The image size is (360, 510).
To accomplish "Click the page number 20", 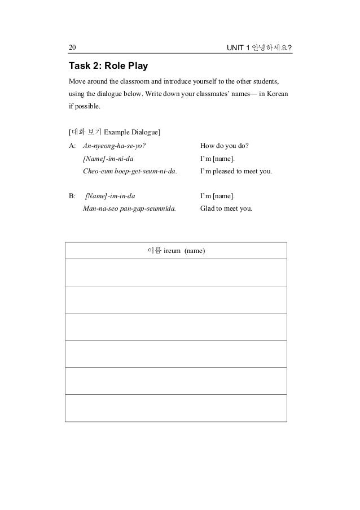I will [72, 46].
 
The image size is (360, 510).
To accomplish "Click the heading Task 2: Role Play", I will [108, 66].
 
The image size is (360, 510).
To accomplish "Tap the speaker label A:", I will [72, 146].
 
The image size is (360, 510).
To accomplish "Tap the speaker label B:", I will [72, 196].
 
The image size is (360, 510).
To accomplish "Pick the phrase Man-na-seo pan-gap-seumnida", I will [129, 208].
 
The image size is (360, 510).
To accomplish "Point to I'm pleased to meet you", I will [236, 171].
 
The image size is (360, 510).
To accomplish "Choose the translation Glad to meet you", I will [226, 208].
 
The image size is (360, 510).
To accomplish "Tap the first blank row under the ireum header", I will [176, 272].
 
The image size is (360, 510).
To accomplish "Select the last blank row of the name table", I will [176, 408].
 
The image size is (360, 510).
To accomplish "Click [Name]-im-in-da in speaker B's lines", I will [110, 196].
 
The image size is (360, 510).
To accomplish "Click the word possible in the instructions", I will [86, 106].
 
